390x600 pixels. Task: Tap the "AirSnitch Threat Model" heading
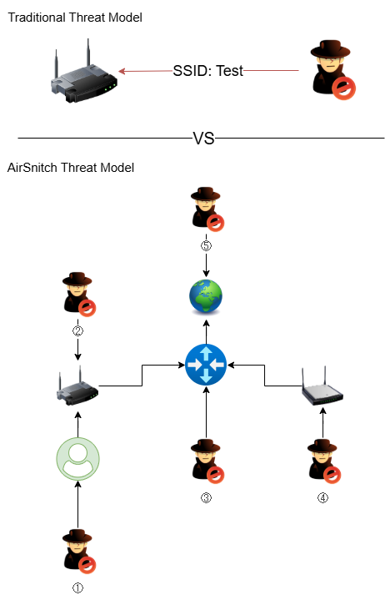(71, 168)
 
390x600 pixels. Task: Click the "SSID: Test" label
(208, 71)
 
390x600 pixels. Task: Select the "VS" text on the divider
(204, 139)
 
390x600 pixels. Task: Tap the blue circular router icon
(205, 365)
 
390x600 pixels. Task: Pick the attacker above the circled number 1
(77, 552)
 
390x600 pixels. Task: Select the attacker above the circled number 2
(77, 296)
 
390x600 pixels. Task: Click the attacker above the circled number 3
(205, 461)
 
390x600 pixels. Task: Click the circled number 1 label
(77, 587)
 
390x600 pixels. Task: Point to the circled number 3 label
(205, 498)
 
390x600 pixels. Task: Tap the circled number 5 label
(205, 245)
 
